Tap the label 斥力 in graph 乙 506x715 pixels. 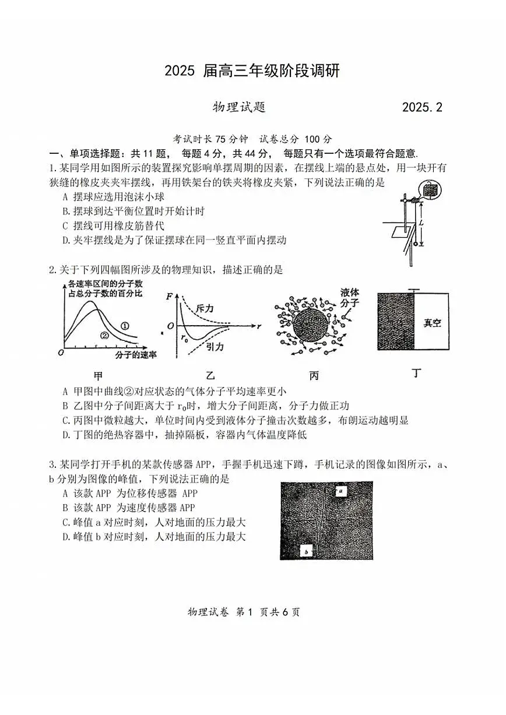click(x=205, y=307)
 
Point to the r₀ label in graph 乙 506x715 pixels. click(x=185, y=337)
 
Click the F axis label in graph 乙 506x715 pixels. click(x=170, y=295)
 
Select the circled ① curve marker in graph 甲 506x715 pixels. click(x=125, y=325)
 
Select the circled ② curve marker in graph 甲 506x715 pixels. click(x=105, y=335)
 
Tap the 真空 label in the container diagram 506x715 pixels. click(x=431, y=322)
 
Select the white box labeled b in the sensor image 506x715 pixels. click(x=307, y=550)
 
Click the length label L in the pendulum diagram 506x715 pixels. click(x=421, y=223)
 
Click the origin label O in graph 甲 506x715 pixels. click(x=61, y=353)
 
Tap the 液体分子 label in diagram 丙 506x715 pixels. click(x=350, y=297)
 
